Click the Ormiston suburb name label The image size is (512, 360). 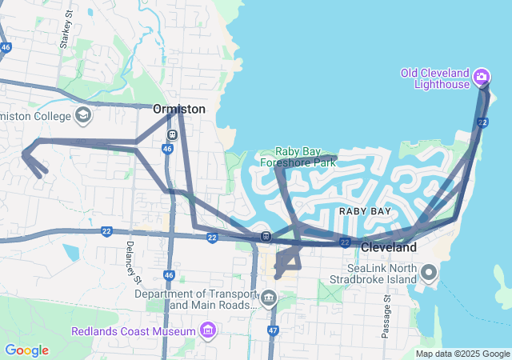[179, 109]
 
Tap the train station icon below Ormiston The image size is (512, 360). [172, 134]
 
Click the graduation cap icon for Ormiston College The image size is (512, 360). [82, 117]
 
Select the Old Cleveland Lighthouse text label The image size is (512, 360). [434, 79]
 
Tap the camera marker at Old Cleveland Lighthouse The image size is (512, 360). [482, 77]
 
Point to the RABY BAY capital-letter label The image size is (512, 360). [365, 211]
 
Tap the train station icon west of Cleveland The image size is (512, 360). [265, 237]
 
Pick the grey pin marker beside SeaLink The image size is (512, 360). [429, 274]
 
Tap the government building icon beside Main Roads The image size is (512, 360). [268, 300]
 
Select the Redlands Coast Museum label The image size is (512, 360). [134, 331]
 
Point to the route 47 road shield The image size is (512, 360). [273, 330]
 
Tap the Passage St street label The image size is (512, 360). [386, 315]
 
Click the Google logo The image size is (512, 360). [26, 350]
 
